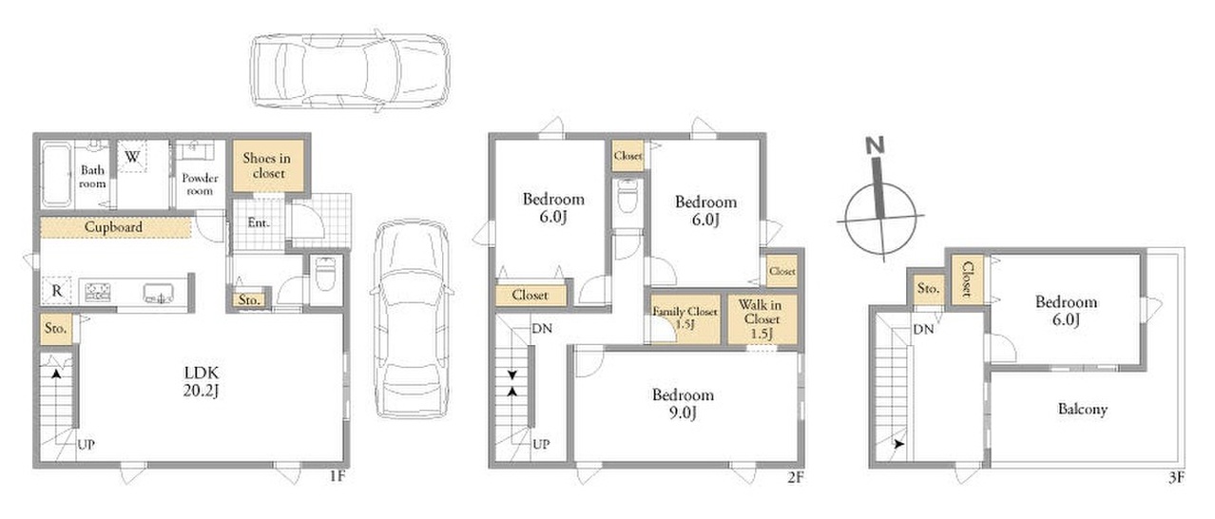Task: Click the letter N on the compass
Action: [x=875, y=145]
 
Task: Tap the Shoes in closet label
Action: [x=267, y=165]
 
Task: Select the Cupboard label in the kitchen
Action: [x=113, y=226]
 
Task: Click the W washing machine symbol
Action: [x=132, y=157]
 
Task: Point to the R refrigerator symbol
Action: [x=57, y=291]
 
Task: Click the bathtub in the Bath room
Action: [x=56, y=175]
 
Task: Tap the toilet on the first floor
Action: [x=325, y=274]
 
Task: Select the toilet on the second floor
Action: [x=627, y=196]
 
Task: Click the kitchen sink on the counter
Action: [x=159, y=294]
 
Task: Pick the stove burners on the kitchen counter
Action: [x=97, y=293]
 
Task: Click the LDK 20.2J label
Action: [x=202, y=382]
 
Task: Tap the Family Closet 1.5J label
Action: [x=685, y=317]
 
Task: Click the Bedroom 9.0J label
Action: [x=683, y=403]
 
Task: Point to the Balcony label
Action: [x=1083, y=409]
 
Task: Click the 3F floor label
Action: [x=1176, y=477]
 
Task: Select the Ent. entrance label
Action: [x=259, y=222]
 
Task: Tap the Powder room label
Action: [x=200, y=184]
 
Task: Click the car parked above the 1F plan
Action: [x=351, y=70]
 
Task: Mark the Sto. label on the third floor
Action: [x=928, y=288]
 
